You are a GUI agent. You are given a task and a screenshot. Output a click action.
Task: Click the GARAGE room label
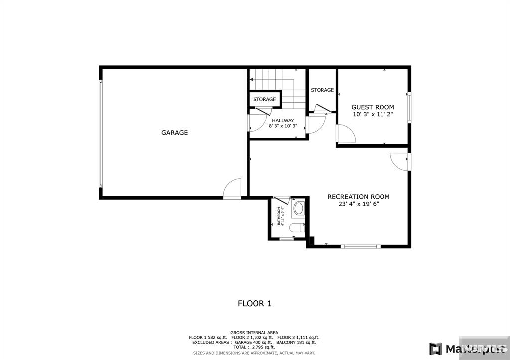pos(174,133)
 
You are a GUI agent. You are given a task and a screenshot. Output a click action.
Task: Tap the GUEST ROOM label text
pos(373,107)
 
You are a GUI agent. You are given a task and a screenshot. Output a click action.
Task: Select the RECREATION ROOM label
pos(358,197)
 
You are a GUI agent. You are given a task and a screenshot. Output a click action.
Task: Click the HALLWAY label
pos(283,120)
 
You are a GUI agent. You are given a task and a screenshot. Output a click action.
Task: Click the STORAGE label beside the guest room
pos(322,90)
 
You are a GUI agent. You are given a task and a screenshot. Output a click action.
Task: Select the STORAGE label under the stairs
pos(264,100)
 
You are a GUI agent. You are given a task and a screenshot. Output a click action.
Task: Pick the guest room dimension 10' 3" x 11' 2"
pos(373,115)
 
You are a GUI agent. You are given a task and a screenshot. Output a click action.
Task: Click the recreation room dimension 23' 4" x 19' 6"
pos(358,204)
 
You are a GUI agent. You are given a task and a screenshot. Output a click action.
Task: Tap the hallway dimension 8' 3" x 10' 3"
pos(283,126)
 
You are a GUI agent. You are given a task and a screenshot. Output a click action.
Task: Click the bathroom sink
pos(298,208)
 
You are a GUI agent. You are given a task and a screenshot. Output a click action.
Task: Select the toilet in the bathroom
pos(297,229)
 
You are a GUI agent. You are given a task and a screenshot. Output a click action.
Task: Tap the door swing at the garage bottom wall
pos(233,190)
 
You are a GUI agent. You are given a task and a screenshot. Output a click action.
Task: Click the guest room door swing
pos(346,134)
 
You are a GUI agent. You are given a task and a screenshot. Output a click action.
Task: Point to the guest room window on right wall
pos(409,107)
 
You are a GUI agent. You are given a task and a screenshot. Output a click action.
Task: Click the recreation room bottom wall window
pos(361,246)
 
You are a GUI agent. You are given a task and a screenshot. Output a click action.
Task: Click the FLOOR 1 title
pos(254,303)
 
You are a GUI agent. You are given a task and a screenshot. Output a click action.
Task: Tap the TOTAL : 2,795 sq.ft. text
pos(254,347)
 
